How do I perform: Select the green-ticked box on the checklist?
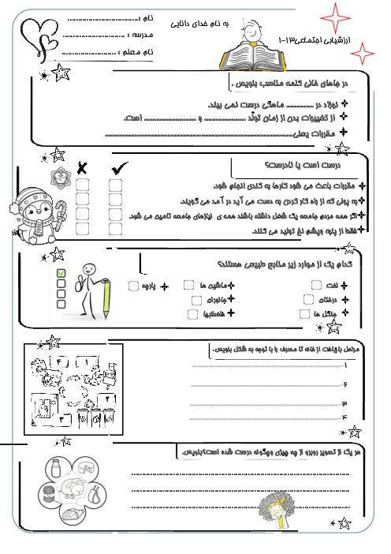(61, 274)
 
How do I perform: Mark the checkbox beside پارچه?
(133, 285)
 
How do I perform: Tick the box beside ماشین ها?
(189, 284)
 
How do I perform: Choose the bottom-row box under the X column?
(82, 229)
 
